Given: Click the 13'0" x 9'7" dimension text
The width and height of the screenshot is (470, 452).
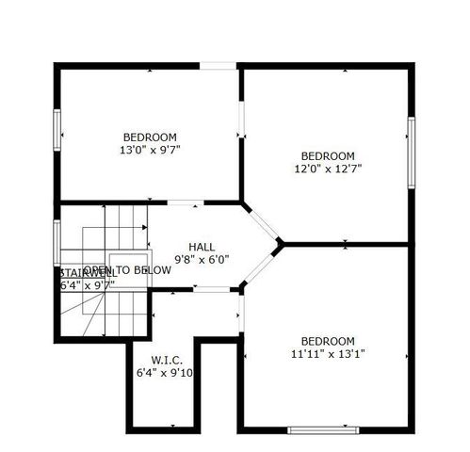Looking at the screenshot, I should (149, 149).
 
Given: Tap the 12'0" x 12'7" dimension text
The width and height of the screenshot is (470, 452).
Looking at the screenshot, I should (328, 169).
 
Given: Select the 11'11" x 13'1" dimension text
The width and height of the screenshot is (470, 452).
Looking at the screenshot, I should (328, 353).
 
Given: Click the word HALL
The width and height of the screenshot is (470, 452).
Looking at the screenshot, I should (202, 247).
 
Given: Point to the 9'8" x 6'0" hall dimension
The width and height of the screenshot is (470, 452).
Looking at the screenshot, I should (202, 259).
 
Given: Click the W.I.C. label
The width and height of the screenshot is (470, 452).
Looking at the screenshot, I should (167, 361).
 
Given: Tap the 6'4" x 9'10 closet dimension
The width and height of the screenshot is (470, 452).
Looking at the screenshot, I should (167, 373).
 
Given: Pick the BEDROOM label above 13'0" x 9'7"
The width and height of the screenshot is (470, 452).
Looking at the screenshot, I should (149, 137).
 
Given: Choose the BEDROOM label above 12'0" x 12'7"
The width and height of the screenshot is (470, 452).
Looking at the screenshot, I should (328, 156).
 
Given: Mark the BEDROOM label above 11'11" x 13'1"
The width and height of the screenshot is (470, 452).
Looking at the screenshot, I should (328, 341).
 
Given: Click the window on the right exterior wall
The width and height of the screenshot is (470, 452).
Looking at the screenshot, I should (411, 148).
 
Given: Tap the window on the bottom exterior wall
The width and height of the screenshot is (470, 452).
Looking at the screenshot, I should (323, 430).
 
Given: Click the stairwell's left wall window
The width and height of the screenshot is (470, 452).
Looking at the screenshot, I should (57, 241).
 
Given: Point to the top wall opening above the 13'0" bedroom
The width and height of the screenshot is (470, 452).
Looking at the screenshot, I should (217, 65).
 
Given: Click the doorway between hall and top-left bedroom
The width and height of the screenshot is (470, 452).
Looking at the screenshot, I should (182, 202).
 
